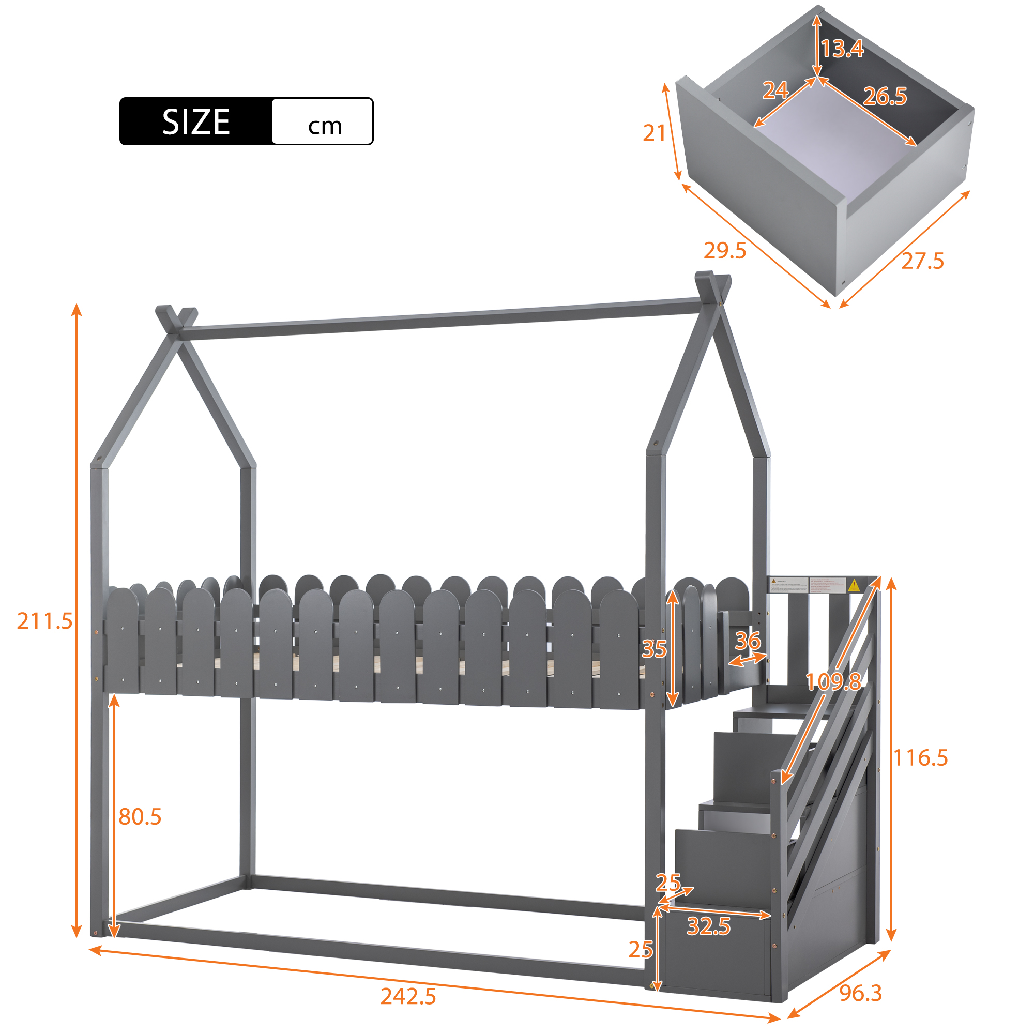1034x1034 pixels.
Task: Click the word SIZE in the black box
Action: click(x=196, y=122)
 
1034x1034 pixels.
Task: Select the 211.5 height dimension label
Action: click(x=44, y=621)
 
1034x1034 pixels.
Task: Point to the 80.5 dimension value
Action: click(x=140, y=817)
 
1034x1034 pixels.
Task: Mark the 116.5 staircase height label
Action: click(x=921, y=758)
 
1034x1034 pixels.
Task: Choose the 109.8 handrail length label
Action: click(x=833, y=682)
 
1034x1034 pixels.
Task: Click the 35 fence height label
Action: click(x=654, y=649)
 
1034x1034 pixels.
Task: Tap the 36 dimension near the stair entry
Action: click(x=748, y=641)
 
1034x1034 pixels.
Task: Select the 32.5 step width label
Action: click(x=709, y=926)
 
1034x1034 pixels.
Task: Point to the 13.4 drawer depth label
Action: click(x=842, y=49)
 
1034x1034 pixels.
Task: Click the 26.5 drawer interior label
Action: click(x=885, y=96)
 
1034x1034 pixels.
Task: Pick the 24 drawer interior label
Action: click(x=775, y=90)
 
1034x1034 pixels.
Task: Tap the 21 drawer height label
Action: click(x=654, y=133)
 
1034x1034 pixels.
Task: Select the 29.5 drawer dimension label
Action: click(x=725, y=250)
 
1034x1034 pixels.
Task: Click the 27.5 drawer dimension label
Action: click(x=923, y=261)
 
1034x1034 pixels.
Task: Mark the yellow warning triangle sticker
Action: click(x=854, y=585)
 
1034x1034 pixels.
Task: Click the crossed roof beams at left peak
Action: click(x=176, y=320)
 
